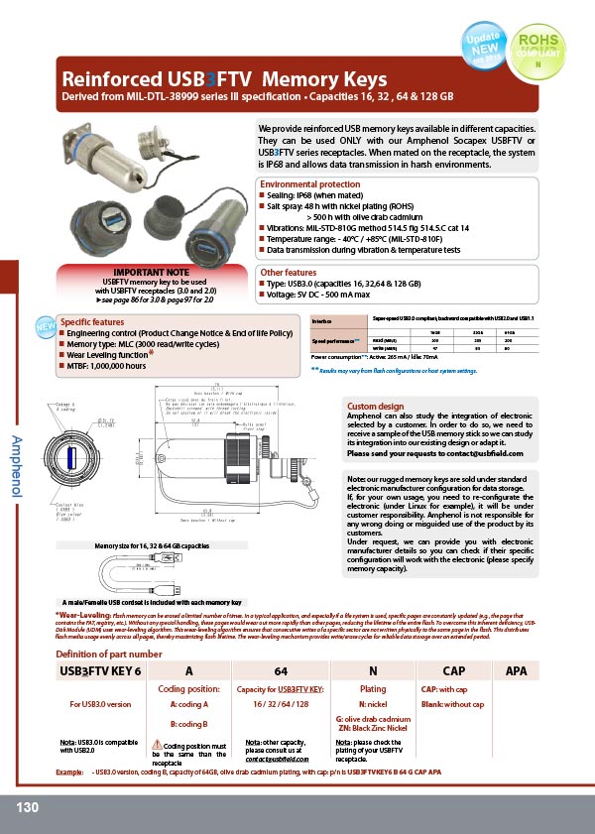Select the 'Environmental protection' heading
(x=309, y=184)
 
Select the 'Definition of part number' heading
(x=108, y=654)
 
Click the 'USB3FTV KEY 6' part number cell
(x=100, y=671)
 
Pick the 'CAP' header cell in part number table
(x=453, y=671)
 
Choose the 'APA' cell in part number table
(x=516, y=671)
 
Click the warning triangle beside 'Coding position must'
(x=157, y=744)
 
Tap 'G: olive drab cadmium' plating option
(x=373, y=717)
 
